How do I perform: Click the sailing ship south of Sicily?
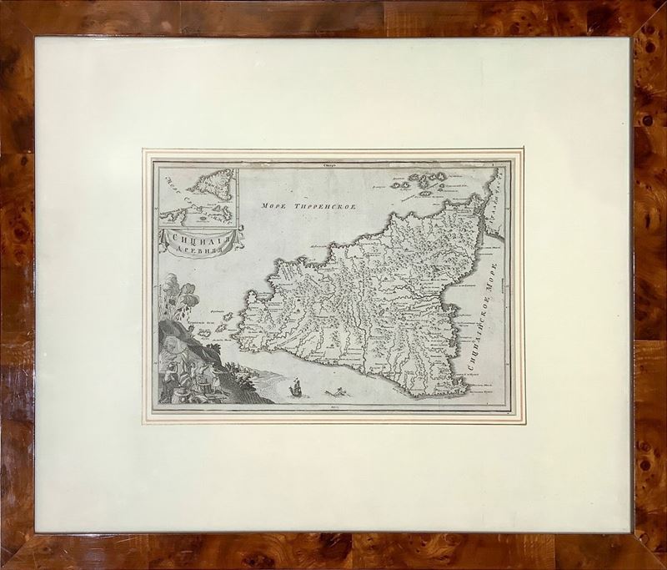[294, 386]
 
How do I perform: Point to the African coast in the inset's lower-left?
[172, 216]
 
